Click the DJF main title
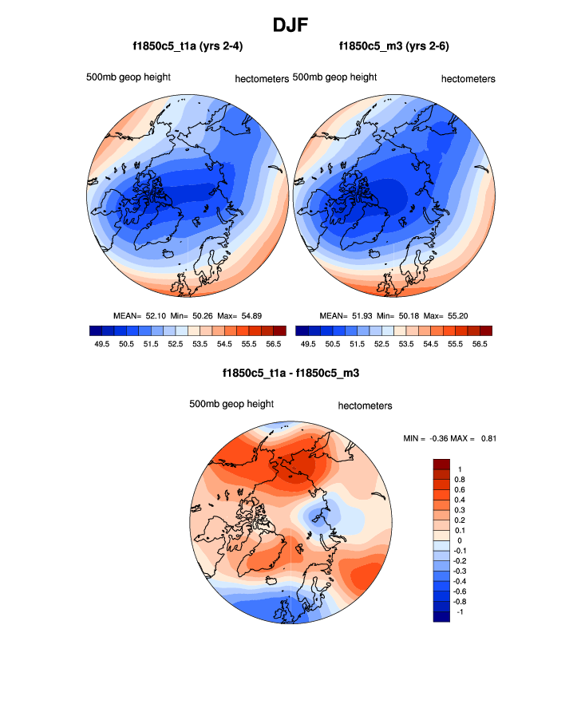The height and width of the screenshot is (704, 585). [x=292, y=25]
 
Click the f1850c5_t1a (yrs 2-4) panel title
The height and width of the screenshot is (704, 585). [x=188, y=47]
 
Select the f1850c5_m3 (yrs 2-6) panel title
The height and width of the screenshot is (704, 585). [x=393, y=47]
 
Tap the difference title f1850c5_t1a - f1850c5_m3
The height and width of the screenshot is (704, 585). [x=292, y=373]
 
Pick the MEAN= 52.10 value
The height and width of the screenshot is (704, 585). [x=140, y=316]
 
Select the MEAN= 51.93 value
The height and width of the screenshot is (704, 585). [x=346, y=316]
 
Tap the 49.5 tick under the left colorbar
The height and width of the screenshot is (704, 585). [x=101, y=343]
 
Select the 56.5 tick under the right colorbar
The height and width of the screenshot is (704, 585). [x=480, y=343]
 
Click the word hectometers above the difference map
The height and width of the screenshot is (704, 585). [x=365, y=405]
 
